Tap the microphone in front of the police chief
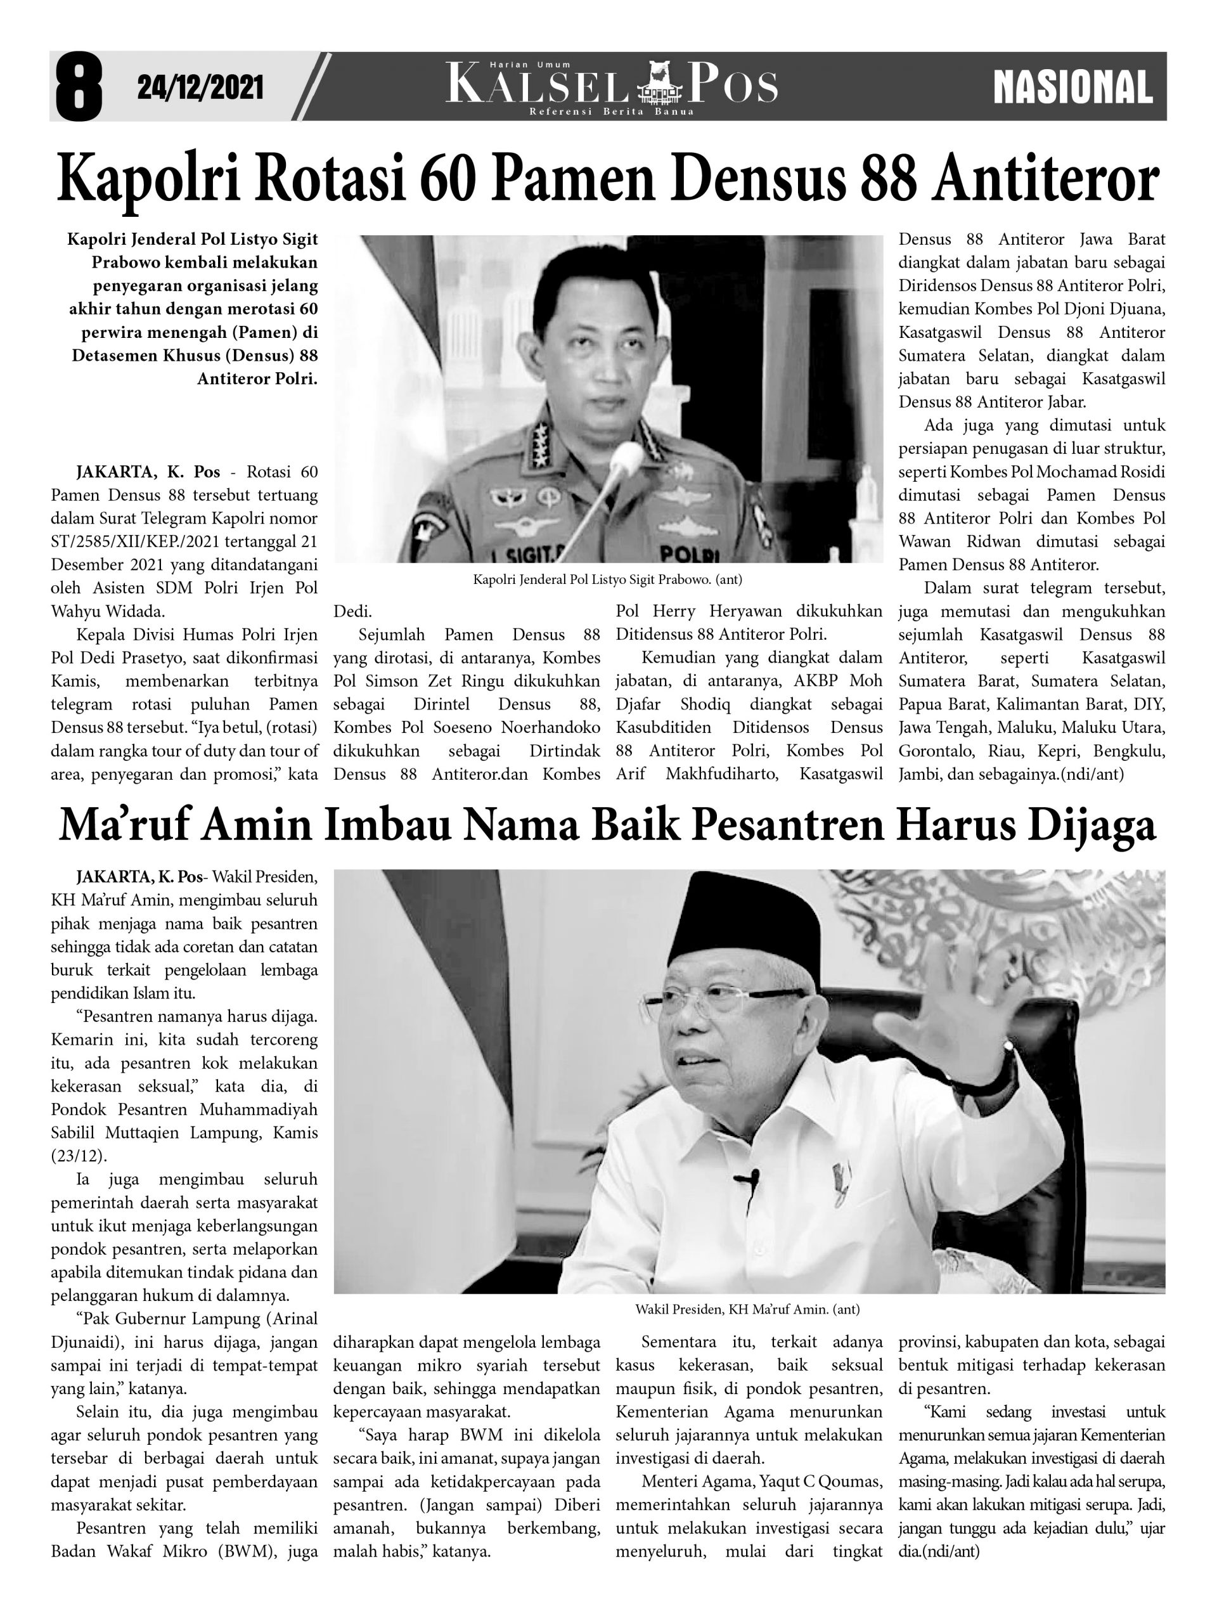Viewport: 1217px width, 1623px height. [626, 456]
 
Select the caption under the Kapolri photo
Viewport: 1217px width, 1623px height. [607, 579]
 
